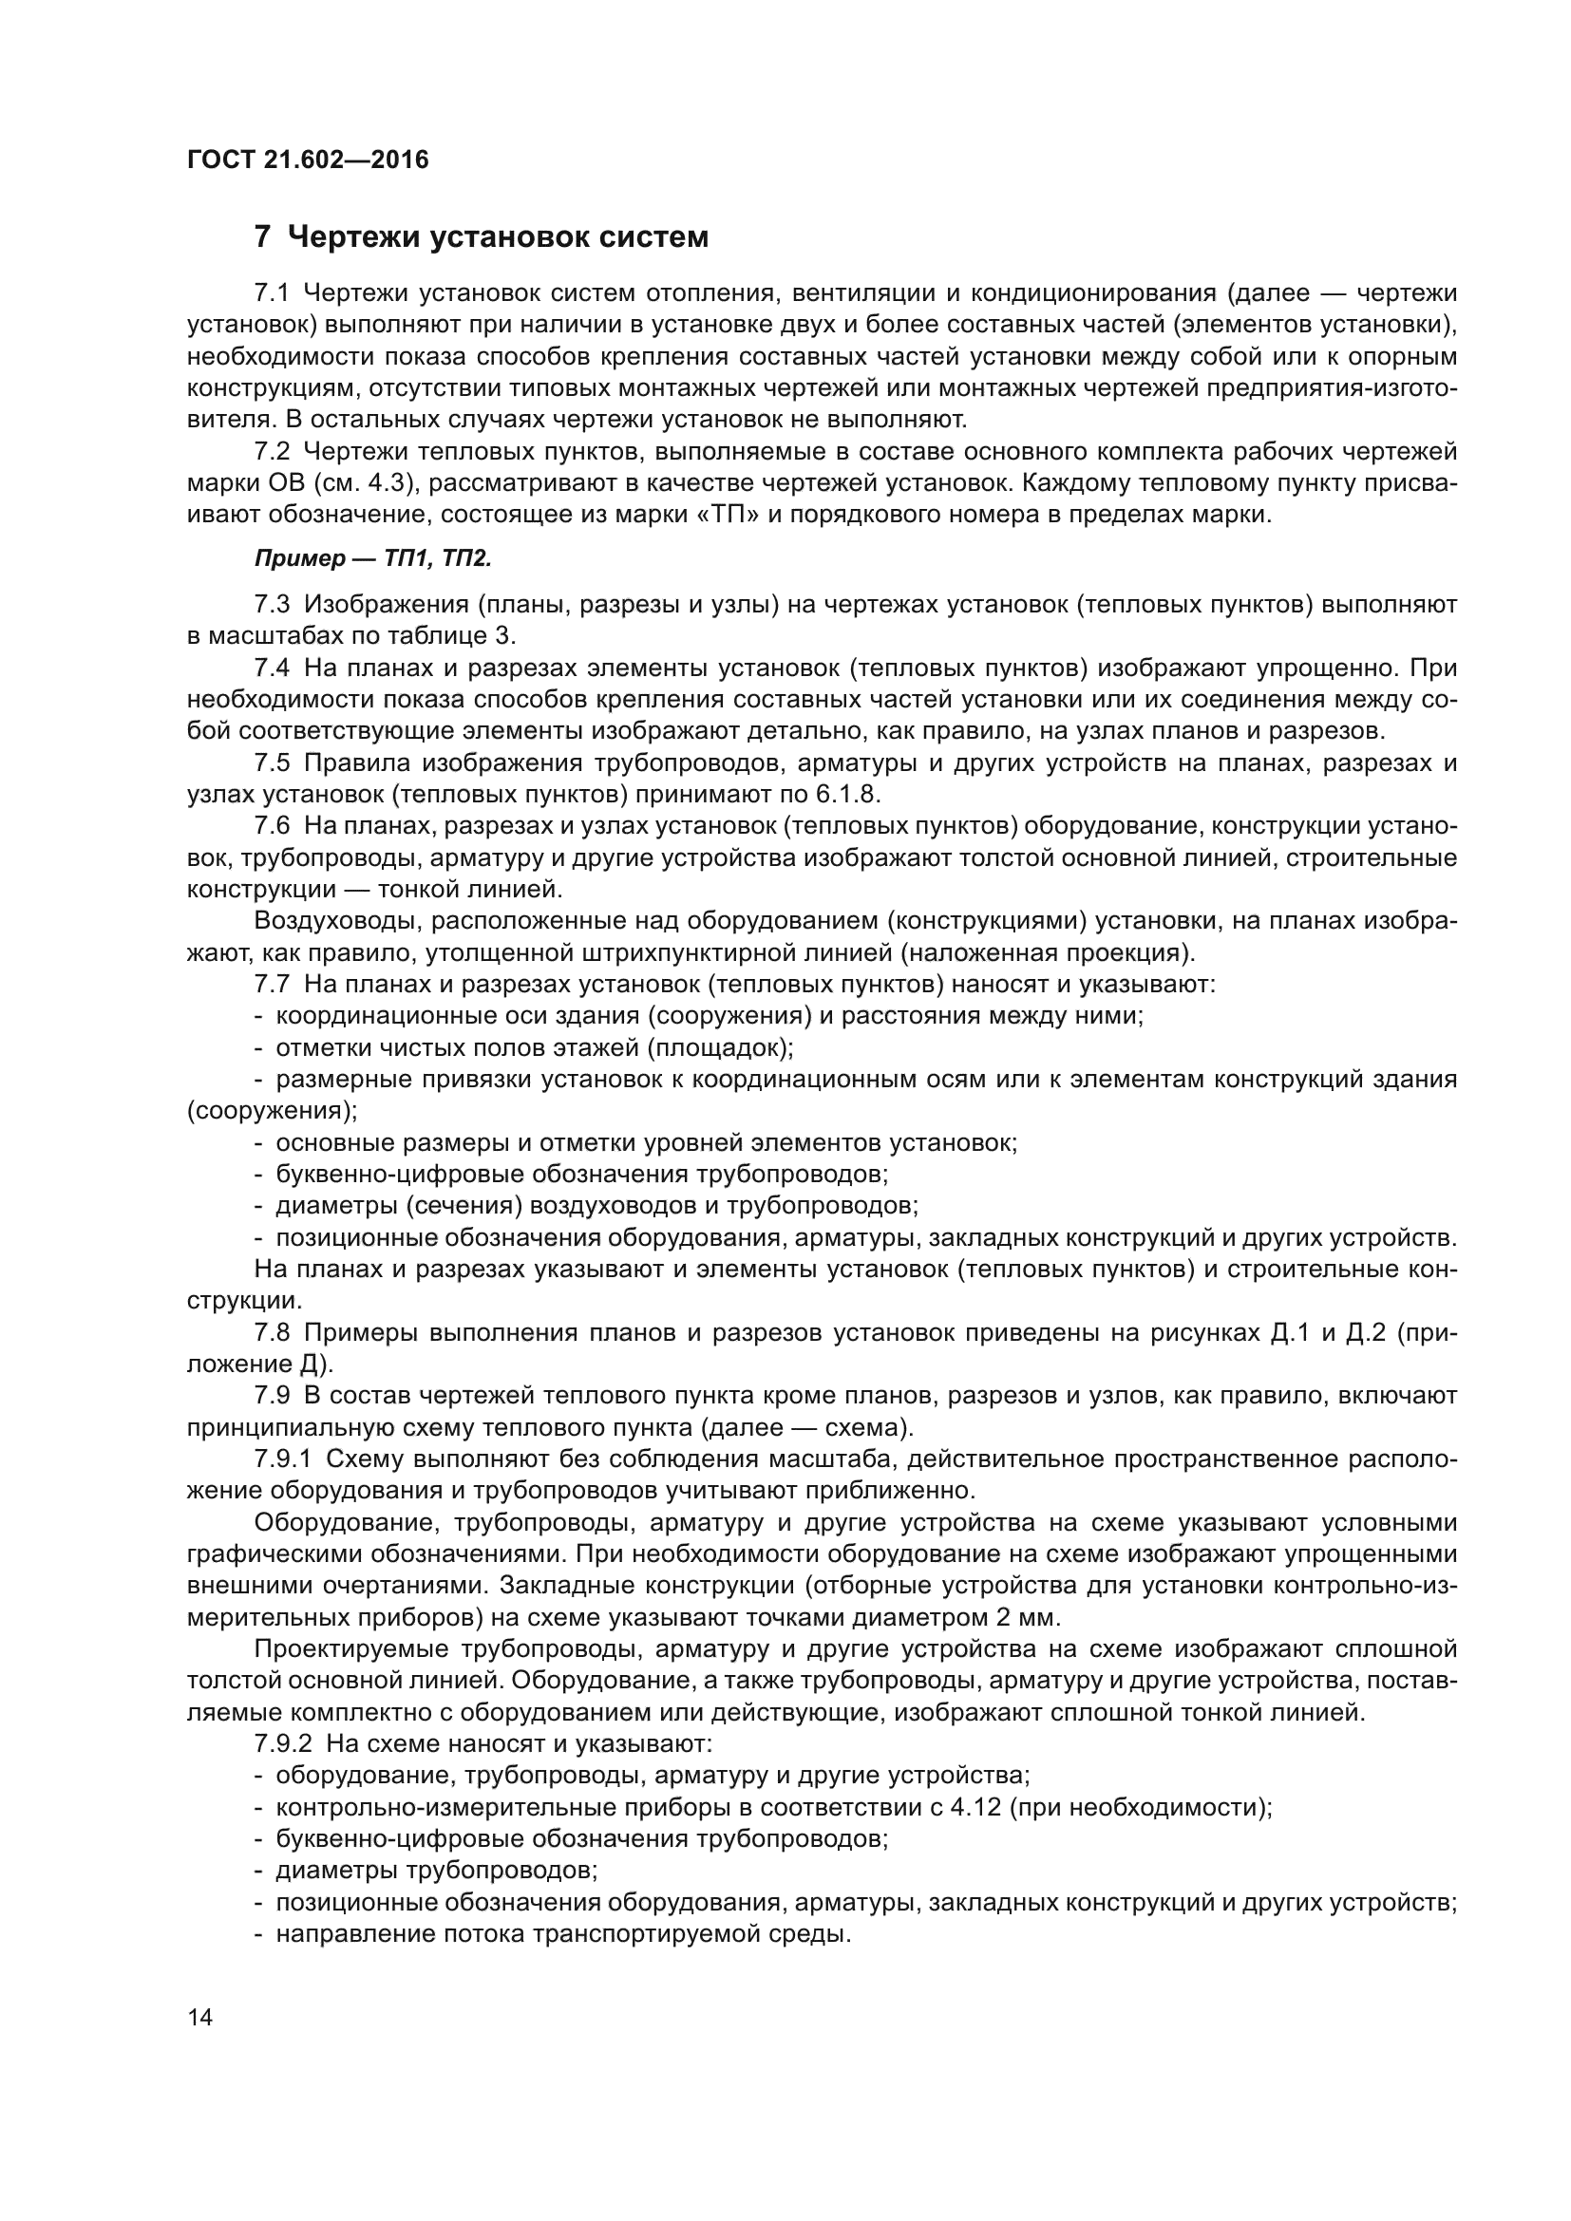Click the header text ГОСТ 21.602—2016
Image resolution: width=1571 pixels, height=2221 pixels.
(307, 160)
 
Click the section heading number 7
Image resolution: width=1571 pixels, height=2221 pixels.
(261, 237)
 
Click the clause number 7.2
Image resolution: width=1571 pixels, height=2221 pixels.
(272, 452)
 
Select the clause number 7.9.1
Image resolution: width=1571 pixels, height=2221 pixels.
(281, 1459)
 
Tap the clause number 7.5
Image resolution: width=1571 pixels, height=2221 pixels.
(272, 763)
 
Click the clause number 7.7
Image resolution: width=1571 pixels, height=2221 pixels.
(272, 984)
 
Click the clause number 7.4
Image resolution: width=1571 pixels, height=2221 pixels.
(272, 668)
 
